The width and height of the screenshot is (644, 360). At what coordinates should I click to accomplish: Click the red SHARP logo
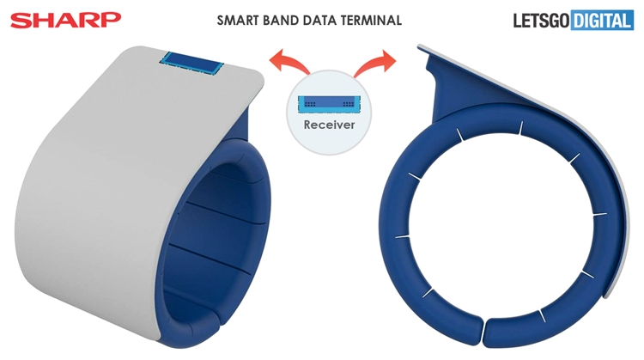66,20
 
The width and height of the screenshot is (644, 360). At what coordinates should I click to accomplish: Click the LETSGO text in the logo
541,21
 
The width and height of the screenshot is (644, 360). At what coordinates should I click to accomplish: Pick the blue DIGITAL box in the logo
602,21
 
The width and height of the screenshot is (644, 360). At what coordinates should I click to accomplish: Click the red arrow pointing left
289,62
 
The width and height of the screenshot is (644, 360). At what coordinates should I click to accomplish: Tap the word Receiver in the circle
329,125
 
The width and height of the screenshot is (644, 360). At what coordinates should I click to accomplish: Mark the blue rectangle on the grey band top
191,64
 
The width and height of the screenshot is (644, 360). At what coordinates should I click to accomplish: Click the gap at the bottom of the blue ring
483,332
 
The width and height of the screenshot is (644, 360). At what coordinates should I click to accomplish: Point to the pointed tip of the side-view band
418,46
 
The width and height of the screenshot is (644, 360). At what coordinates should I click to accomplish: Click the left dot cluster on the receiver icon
310,104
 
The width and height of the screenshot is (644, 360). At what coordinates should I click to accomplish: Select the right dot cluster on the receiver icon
349,104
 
